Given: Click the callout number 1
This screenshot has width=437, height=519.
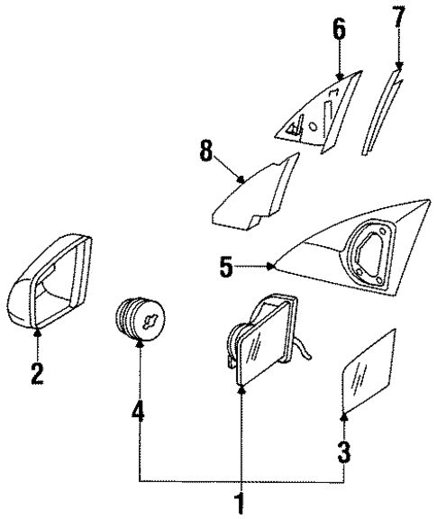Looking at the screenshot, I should (240, 503).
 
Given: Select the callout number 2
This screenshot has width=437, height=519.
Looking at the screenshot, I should (36, 372).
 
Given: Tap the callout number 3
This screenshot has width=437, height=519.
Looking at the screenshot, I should (344, 451).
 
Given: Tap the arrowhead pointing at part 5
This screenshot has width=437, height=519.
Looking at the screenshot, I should (272, 266).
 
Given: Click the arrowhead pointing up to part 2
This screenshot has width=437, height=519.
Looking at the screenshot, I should (37, 335).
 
